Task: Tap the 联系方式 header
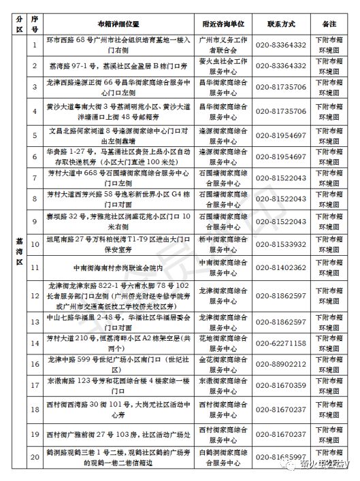coord(280,23)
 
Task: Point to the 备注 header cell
coord(333,23)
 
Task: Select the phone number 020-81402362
coord(280,268)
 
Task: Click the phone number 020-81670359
coord(280,386)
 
